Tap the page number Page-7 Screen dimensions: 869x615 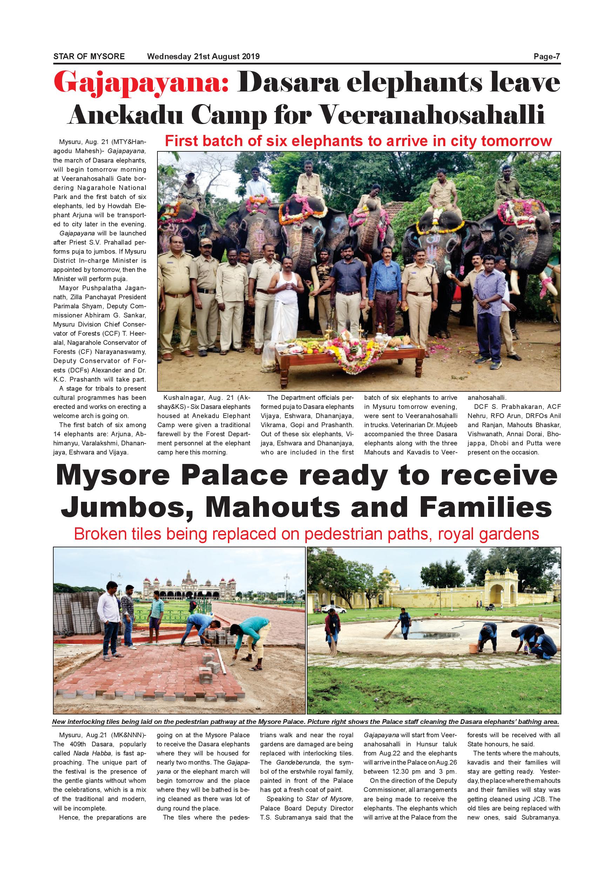click(547, 57)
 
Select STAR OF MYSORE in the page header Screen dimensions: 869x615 click(89, 57)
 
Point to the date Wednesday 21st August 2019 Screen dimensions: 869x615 click(203, 57)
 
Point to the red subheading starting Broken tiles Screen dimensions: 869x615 click(306, 534)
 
